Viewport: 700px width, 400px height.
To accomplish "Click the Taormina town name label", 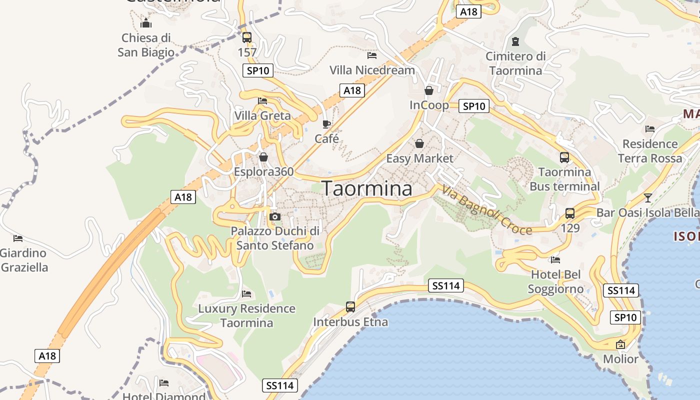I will pyautogui.click(x=367, y=188).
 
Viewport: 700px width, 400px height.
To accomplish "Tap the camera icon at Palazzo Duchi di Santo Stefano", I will pyautogui.click(x=274, y=217).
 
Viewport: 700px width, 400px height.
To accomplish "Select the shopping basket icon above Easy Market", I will pyautogui.click(x=419, y=144).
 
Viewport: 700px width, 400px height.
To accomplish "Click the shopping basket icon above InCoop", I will pyautogui.click(x=428, y=90).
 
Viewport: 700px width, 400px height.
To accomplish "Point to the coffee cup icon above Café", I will pyautogui.click(x=326, y=124).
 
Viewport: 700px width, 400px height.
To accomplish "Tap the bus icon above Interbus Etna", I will pyautogui.click(x=350, y=307).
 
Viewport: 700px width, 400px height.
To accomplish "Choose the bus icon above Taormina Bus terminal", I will pyautogui.click(x=564, y=157).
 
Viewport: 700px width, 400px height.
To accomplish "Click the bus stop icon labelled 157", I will pyautogui.click(x=246, y=37).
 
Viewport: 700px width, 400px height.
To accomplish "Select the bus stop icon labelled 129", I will pyautogui.click(x=569, y=213).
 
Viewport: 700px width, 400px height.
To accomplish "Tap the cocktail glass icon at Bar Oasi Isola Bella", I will pyautogui.click(x=648, y=197).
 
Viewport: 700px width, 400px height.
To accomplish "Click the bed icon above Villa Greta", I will pyautogui.click(x=262, y=101).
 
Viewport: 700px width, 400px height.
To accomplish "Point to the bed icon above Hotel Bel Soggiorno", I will pyautogui.click(x=555, y=260).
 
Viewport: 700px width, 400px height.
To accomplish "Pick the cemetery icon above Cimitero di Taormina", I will pyautogui.click(x=515, y=41).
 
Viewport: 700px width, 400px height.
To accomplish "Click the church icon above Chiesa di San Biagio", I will pyautogui.click(x=146, y=23).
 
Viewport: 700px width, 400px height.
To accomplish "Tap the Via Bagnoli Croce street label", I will pyautogui.click(x=486, y=210).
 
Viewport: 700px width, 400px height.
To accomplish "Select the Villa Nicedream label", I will pyautogui.click(x=372, y=70).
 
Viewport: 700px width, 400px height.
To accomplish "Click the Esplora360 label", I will pyautogui.click(x=263, y=171).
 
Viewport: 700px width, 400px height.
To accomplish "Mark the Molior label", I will pyautogui.click(x=620, y=359).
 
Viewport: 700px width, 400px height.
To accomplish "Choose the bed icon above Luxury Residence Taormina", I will pyautogui.click(x=246, y=294).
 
